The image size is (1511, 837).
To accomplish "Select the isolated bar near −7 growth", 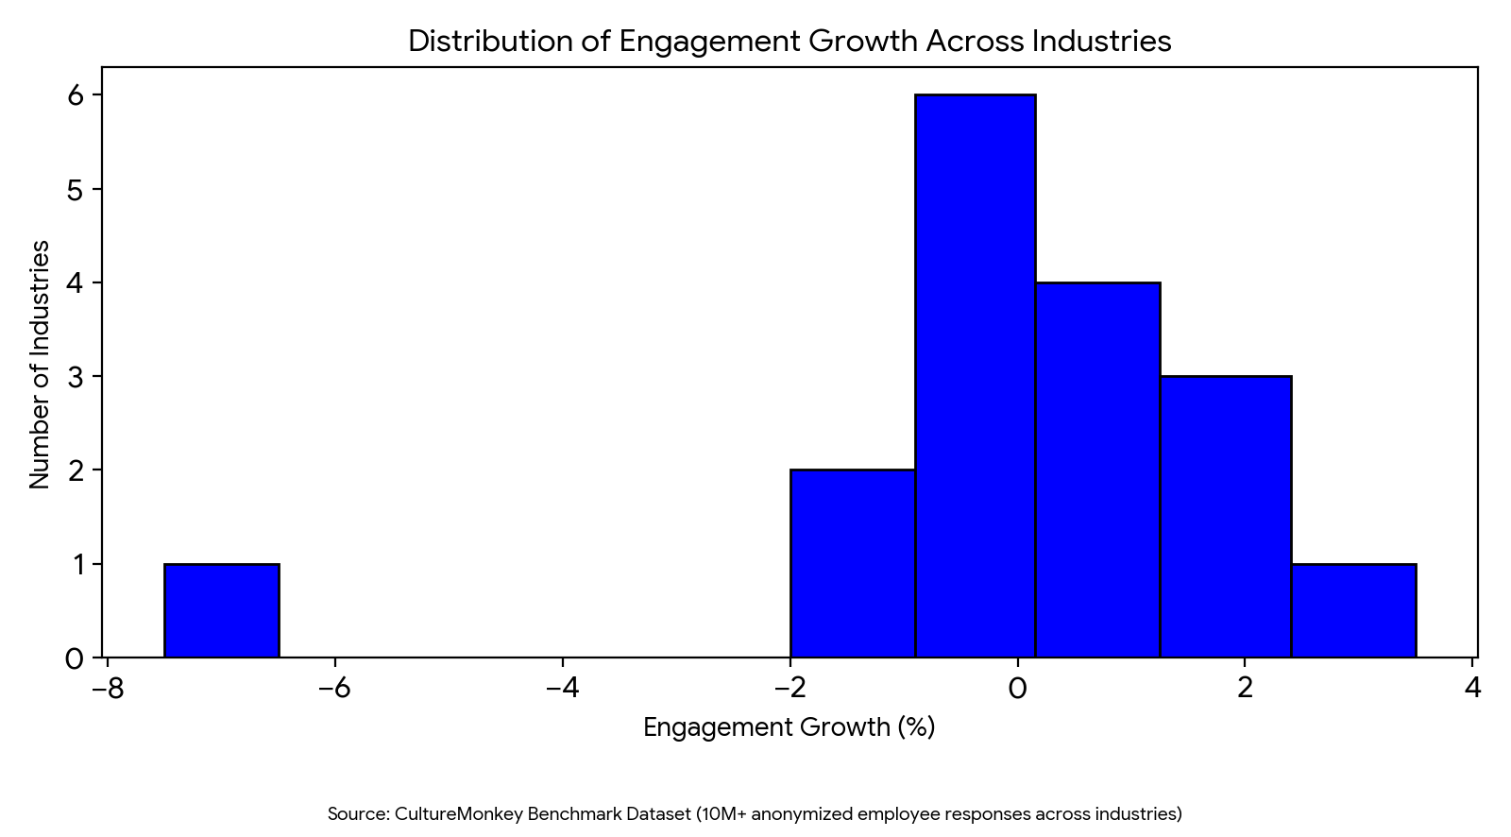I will click(221, 610).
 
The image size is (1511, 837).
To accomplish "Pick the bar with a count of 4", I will click(1097, 470).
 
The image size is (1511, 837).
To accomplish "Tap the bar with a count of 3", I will click(1225, 517).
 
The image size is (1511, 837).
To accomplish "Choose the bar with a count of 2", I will click(852, 563).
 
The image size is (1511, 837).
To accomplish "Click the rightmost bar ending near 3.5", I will click(1353, 610).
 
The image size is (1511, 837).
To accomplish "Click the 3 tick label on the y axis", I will click(76, 377).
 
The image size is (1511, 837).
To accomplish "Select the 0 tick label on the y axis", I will click(75, 658).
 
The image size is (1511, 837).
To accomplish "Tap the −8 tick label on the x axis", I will click(107, 688).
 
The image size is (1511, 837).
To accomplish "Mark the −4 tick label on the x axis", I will click(562, 688).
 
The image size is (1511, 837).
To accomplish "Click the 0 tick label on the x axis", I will click(1017, 688).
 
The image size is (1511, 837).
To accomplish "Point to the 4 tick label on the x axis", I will click(1472, 688).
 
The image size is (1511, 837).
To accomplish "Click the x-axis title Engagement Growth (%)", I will click(789, 727).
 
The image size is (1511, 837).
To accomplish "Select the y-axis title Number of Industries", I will click(40, 365).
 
